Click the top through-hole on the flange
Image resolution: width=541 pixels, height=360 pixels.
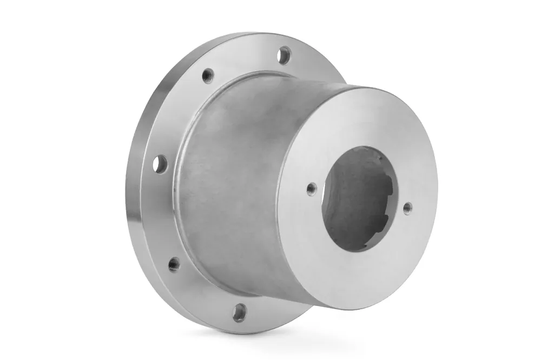(284, 55)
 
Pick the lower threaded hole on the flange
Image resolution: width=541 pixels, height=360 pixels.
(174, 264)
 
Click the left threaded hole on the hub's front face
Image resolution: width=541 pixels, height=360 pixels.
(311, 188)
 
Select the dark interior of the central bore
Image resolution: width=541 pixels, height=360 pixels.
(360, 195)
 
